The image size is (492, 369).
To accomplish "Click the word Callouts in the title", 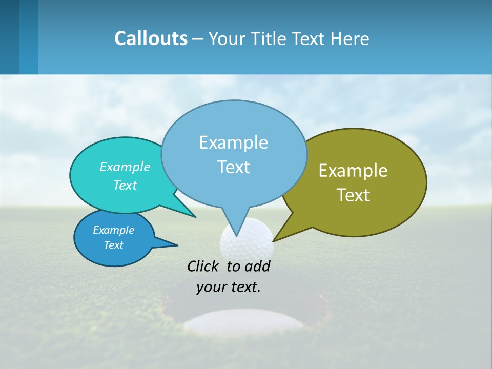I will coord(151,38).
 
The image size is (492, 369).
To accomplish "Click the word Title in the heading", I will coord(269,39).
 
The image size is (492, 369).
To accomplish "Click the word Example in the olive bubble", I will coord(353,171).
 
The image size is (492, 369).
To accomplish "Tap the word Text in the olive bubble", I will coord(353,195).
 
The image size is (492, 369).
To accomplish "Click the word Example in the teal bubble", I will coord(125,167).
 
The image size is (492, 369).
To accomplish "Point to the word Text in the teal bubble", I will coord(125,185).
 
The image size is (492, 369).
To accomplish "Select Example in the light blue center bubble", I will coord(233,142).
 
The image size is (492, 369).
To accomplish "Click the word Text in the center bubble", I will coord(233,167).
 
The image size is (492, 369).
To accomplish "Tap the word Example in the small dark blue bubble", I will coord(113,230).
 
